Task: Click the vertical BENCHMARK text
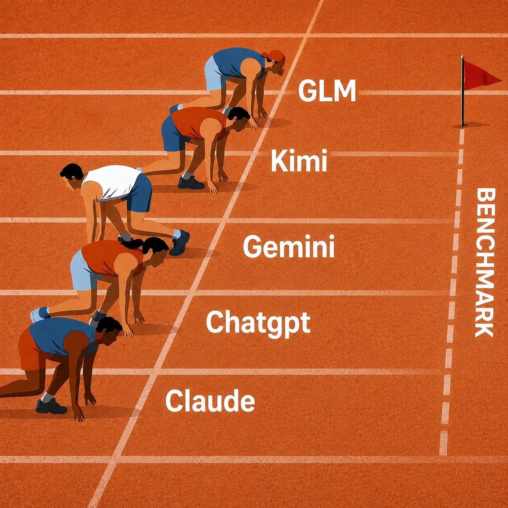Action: [485, 264]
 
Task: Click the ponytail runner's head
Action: [156, 251]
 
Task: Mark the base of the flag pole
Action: [462, 126]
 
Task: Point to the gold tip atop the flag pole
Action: [462, 57]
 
